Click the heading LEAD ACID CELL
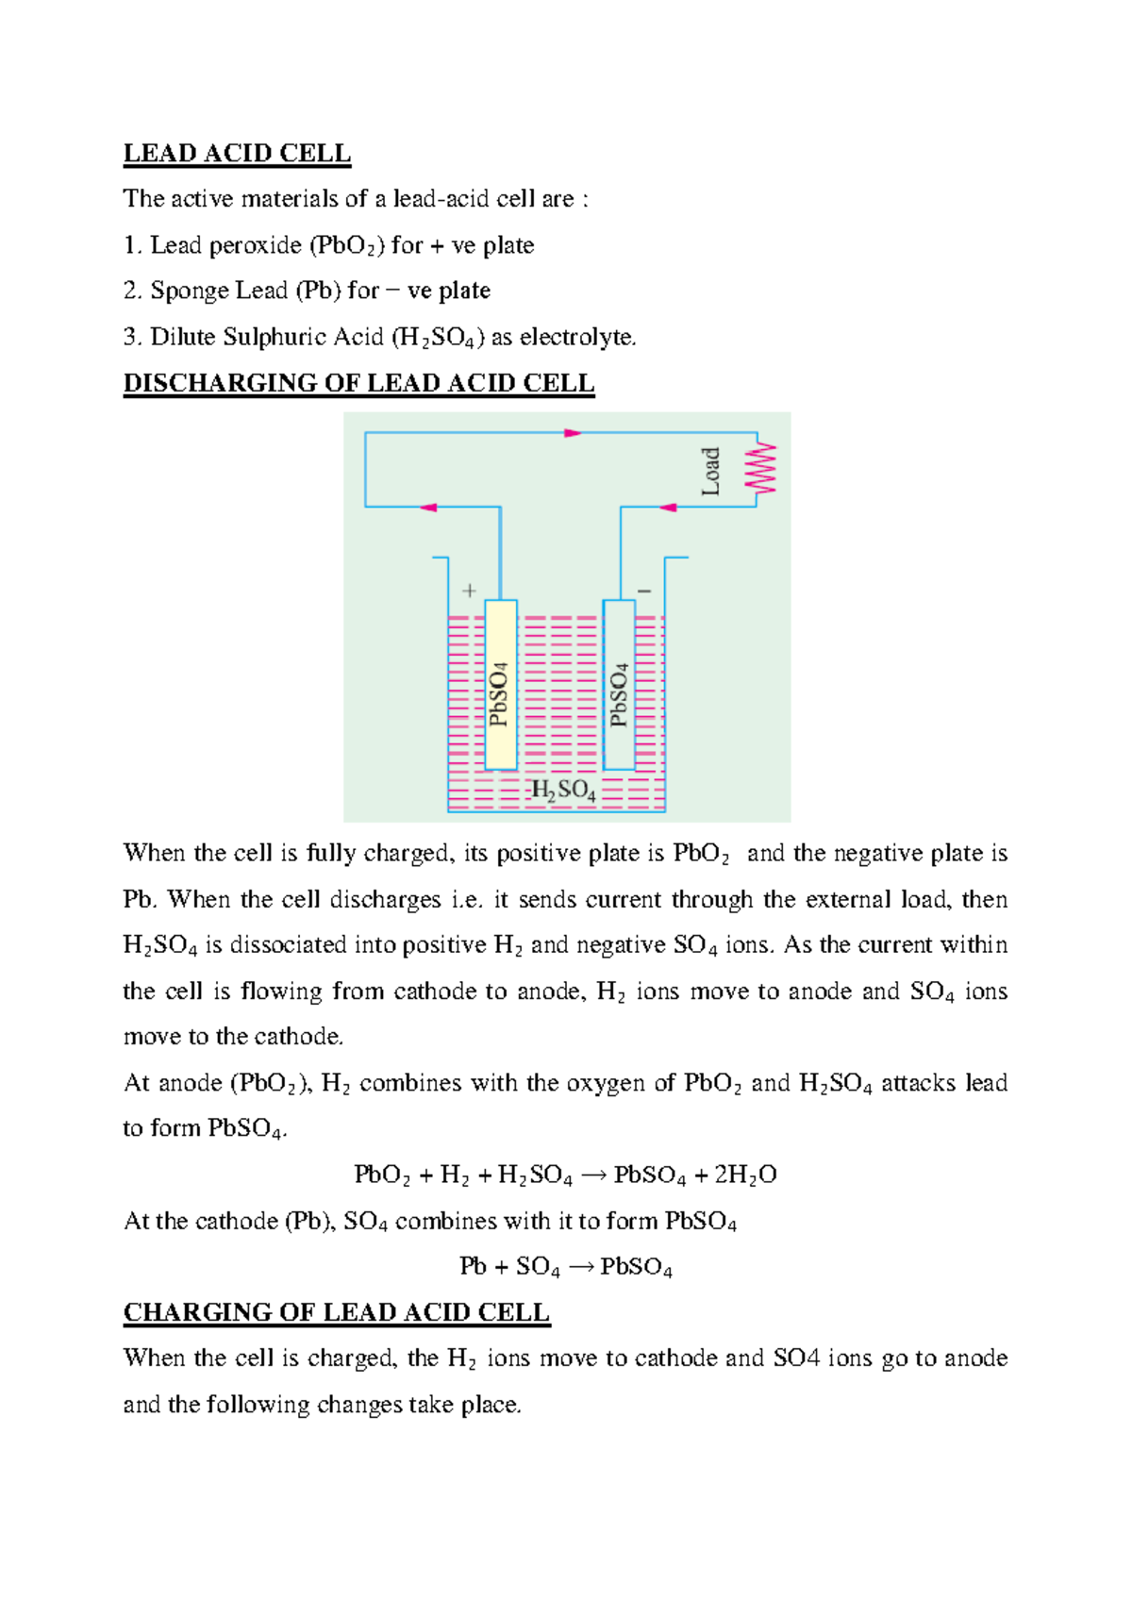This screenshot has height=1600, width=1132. (x=237, y=154)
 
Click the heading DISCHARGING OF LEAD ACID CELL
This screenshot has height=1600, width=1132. (x=358, y=383)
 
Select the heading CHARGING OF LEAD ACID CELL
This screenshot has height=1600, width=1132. (x=337, y=1312)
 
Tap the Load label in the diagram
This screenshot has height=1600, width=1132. (x=710, y=472)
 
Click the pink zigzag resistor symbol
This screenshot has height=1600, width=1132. (x=761, y=469)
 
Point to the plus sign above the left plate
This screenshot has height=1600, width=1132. (x=469, y=592)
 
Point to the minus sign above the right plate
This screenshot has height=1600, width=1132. (x=644, y=592)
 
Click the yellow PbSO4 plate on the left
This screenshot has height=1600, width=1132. (x=501, y=685)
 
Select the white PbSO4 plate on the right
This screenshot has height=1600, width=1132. (x=619, y=685)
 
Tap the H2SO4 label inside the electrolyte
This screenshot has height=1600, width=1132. (x=563, y=791)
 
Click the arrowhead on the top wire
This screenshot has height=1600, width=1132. (x=573, y=433)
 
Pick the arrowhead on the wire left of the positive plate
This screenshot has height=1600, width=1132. (x=428, y=508)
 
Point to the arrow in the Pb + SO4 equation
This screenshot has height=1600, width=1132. (x=581, y=1267)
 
